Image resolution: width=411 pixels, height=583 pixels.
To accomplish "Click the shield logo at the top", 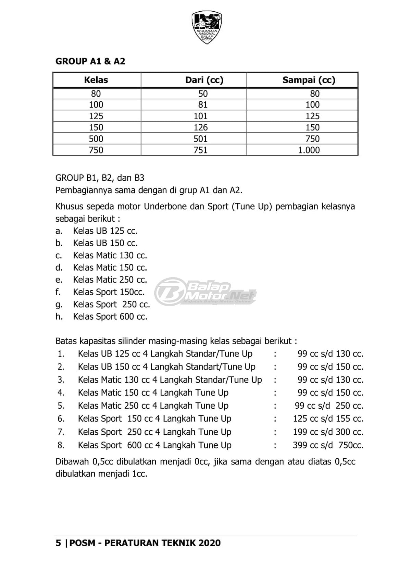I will [207, 27].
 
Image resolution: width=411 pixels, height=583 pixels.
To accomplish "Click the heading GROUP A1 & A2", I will [90, 61].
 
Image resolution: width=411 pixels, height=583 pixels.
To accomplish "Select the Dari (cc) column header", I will [204, 80].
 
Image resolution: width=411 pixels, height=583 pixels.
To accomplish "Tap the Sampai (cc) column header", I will [309, 80].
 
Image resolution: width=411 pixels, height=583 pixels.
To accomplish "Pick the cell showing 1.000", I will [309, 150].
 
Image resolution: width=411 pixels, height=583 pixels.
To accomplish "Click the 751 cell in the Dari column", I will [200, 150].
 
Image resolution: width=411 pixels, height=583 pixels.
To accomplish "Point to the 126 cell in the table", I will [200, 127].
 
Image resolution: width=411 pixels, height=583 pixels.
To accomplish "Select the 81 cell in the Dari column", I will [203, 105].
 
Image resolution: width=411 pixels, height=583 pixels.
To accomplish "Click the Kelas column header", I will [96, 80].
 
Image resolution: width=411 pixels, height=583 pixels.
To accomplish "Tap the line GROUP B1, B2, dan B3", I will [100, 178].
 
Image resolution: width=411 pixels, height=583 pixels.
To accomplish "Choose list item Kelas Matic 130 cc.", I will [110, 256].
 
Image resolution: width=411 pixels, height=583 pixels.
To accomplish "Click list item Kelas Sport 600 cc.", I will [110, 317].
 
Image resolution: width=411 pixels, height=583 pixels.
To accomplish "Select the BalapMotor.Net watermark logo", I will [205, 291].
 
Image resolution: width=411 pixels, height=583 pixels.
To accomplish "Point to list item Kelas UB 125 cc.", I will [105, 231].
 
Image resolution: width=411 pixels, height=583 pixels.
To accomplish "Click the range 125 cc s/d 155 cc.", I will [328, 419].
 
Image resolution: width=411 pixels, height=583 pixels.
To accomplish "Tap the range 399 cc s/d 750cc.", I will [328, 445].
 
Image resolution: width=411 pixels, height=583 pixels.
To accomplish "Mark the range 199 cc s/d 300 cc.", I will [328, 432].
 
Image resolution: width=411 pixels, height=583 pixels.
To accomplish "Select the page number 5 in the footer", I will [58, 543].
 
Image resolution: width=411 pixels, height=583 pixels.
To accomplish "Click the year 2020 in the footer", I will [209, 543].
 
